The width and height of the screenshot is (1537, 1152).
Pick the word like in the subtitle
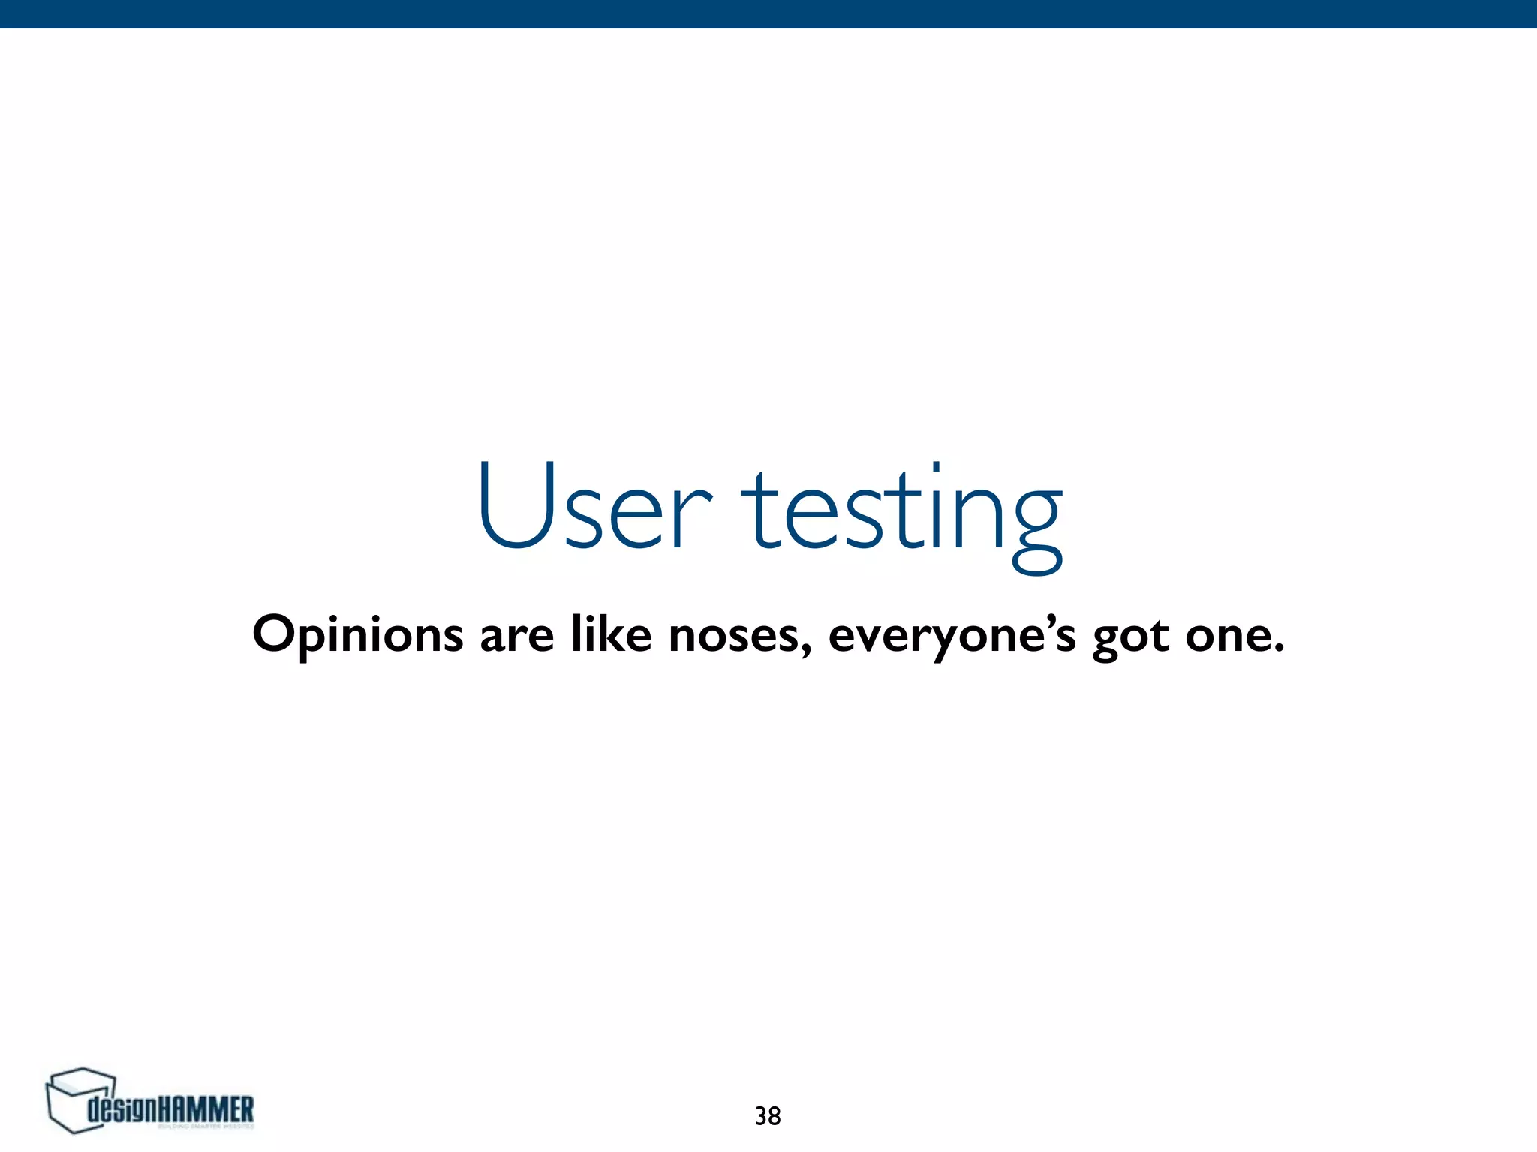[x=611, y=634]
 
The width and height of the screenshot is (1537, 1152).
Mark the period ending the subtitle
[x=1278, y=649]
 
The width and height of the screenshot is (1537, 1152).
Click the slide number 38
[x=768, y=1116]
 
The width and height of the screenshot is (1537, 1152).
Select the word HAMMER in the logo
[x=207, y=1108]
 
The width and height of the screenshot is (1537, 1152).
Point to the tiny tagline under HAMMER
[x=206, y=1126]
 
